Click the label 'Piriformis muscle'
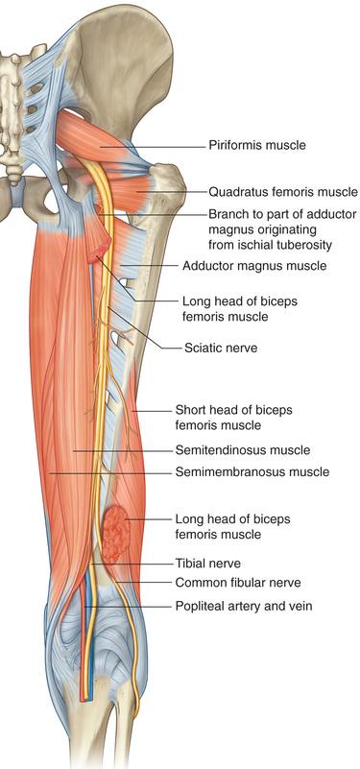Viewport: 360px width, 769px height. [x=257, y=146]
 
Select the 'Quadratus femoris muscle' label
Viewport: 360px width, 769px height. [x=283, y=192]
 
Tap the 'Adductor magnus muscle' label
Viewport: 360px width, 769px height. [x=254, y=266]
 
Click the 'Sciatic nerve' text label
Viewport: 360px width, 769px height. [x=221, y=348]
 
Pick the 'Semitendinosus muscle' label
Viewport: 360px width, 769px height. [x=243, y=449]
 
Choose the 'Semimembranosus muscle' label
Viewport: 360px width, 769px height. [x=252, y=472]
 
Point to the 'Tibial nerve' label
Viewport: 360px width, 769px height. [x=208, y=564]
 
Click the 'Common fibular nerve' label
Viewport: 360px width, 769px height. [x=238, y=583]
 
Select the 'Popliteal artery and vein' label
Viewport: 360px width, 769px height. [x=244, y=607]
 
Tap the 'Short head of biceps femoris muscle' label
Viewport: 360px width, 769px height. [x=233, y=417]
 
